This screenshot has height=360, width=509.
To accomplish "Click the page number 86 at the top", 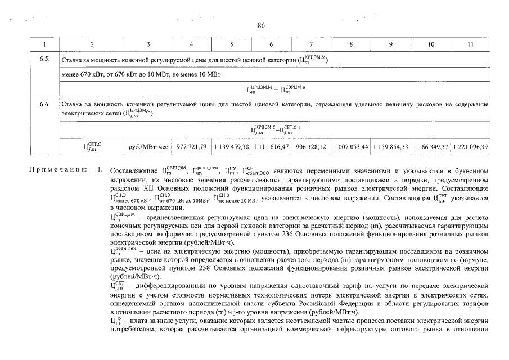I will [x=261, y=25].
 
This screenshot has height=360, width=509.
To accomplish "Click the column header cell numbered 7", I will [x=311, y=44].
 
